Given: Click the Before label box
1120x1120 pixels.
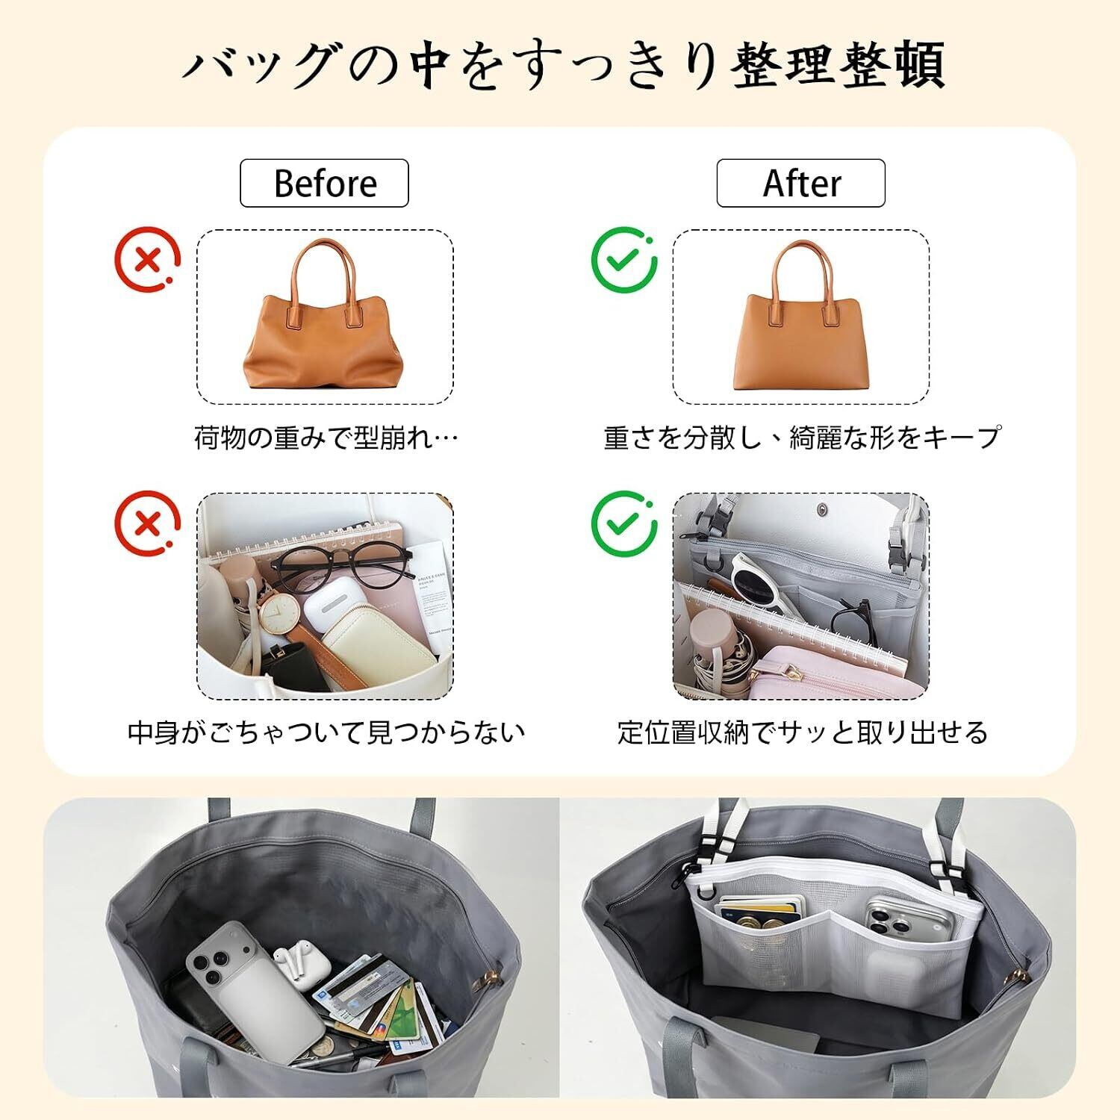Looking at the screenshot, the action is [x=324, y=183].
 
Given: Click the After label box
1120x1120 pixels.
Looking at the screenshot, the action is [x=801, y=183].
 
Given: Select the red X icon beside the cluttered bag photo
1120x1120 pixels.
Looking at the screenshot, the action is [x=148, y=523].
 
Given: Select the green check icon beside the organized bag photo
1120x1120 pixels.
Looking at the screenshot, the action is [x=624, y=523].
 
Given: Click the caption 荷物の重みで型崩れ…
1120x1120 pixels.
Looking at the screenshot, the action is [x=326, y=437].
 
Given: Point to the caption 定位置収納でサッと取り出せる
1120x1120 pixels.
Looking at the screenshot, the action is [x=803, y=732].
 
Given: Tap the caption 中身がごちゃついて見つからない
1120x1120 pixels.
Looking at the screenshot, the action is [x=326, y=732].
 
